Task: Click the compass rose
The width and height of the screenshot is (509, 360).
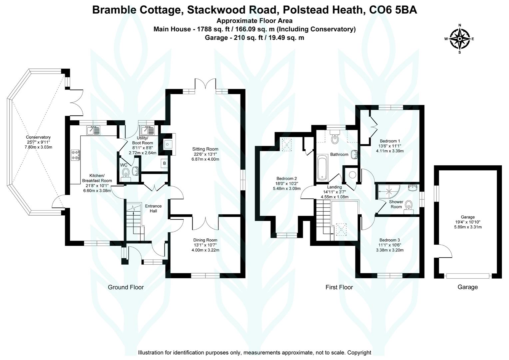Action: [x=459, y=39]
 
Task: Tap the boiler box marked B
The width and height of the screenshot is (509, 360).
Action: [x=164, y=163]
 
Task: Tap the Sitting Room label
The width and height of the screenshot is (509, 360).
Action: [x=205, y=149]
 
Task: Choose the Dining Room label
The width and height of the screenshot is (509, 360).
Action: [x=205, y=240]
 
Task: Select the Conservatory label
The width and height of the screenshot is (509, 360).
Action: [x=38, y=137]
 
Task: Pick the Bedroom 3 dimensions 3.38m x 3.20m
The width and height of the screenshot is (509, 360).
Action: [x=390, y=250]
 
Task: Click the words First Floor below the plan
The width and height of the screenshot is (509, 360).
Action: [x=339, y=287]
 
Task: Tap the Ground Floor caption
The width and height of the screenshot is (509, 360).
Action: [x=126, y=287]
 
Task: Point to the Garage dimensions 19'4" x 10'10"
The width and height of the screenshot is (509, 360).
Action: [x=468, y=222]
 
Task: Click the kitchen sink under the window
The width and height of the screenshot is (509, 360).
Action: [x=93, y=130]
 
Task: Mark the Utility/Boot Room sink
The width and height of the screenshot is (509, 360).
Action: [x=147, y=130]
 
